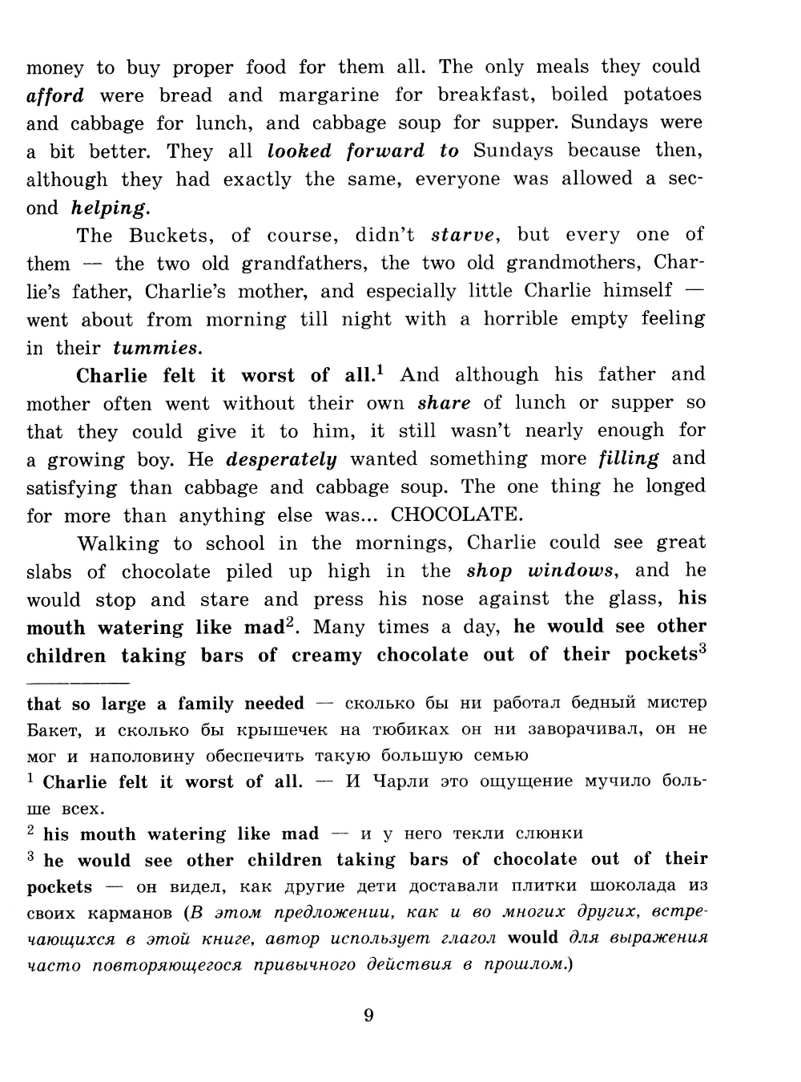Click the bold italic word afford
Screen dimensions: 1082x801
pos(55,96)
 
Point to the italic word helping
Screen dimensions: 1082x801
pos(110,208)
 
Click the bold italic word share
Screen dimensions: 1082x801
pos(444,404)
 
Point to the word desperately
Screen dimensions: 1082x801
pos(281,460)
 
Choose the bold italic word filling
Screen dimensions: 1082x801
pos(629,459)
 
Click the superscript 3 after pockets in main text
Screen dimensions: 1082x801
pos(702,649)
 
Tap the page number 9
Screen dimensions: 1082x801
pos(368,1016)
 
